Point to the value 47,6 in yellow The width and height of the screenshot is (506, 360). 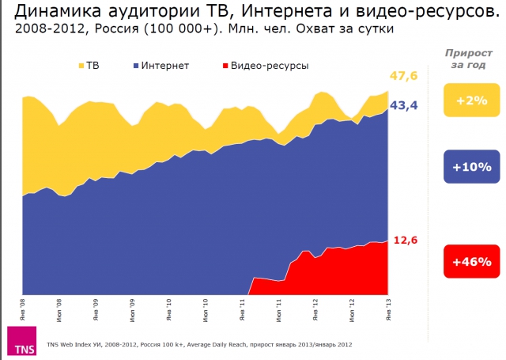pyautogui.click(x=404, y=76)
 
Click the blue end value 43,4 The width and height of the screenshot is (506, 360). pyautogui.click(x=404, y=105)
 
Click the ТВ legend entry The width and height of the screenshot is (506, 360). pyautogui.click(x=88, y=65)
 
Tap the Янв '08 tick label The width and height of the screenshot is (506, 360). pyautogui.click(x=23, y=307)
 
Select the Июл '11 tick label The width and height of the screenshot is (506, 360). pyautogui.click(x=279, y=307)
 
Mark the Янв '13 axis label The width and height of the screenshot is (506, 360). pyautogui.click(x=388, y=307)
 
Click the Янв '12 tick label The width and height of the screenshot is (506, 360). pyautogui.click(x=315, y=307)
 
